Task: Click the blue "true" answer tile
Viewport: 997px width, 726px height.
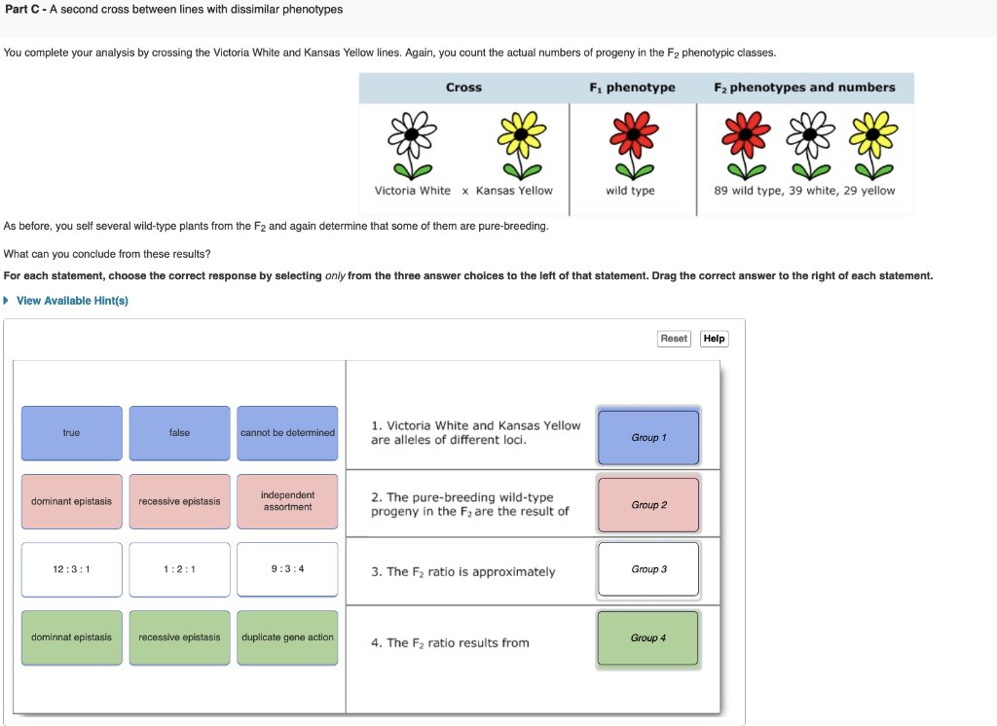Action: click(72, 433)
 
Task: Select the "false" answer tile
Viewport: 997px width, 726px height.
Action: click(179, 433)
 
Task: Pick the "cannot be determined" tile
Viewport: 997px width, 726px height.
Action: click(287, 433)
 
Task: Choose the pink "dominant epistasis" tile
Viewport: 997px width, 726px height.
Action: click(72, 501)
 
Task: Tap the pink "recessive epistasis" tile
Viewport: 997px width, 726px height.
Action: click(179, 501)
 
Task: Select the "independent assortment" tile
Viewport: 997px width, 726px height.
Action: click(287, 501)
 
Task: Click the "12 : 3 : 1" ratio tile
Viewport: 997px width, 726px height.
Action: click(72, 569)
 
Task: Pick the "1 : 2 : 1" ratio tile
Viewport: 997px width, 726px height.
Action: click(179, 569)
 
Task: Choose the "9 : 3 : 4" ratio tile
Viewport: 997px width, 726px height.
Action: click(287, 569)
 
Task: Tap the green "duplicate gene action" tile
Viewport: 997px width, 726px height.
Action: click(287, 637)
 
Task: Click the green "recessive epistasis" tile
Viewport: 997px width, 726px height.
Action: click(179, 637)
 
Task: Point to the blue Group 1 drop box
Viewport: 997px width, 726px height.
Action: click(648, 438)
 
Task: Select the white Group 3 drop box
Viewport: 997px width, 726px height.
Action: click(648, 569)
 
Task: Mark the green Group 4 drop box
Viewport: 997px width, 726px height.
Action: click(648, 638)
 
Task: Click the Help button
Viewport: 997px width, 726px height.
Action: click(714, 339)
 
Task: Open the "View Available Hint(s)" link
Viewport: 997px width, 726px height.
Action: click(71, 301)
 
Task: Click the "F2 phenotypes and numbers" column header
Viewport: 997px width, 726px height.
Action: click(804, 88)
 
